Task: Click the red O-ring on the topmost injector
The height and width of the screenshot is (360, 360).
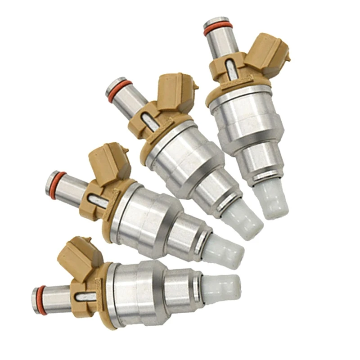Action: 218,28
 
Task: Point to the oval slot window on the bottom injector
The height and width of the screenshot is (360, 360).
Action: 85,297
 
